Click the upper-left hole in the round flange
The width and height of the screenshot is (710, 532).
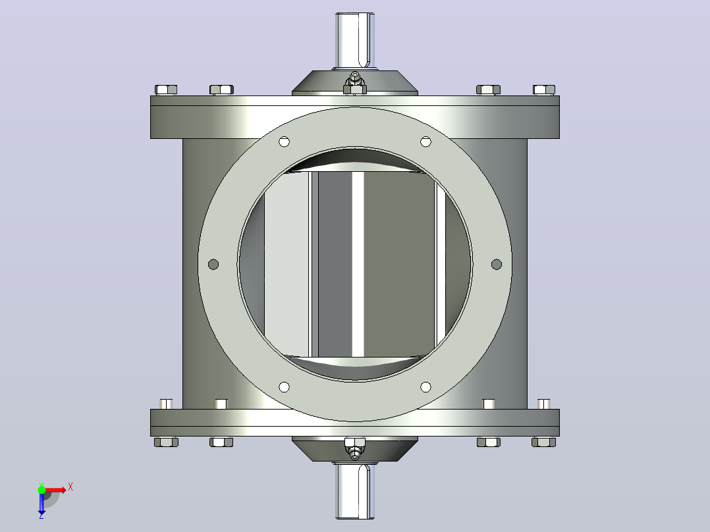[284, 142]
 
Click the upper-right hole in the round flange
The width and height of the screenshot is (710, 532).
[425, 142]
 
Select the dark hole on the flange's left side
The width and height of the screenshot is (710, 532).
[213, 264]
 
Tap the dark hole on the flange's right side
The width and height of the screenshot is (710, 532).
[497, 264]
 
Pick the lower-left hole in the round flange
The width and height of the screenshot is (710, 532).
[284, 387]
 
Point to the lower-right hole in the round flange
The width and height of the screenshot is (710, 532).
[425, 387]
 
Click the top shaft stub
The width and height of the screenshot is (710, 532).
[355, 41]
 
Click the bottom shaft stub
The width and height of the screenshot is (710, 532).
[355, 491]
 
